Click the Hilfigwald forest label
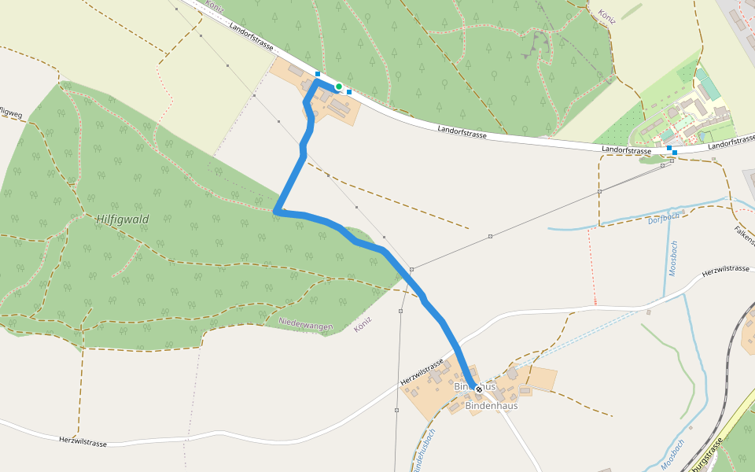[123, 219]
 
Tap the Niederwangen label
[306, 324]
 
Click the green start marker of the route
[338, 87]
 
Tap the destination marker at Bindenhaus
[478, 389]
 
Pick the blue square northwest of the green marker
[317, 74]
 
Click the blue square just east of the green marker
[349, 91]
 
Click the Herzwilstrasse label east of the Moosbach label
[725, 269]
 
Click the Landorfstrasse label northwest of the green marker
[252, 36]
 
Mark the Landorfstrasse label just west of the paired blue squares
[626, 149]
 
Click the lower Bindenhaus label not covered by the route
[492, 406]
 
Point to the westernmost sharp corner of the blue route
[276, 212]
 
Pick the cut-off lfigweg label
[11, 112]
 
